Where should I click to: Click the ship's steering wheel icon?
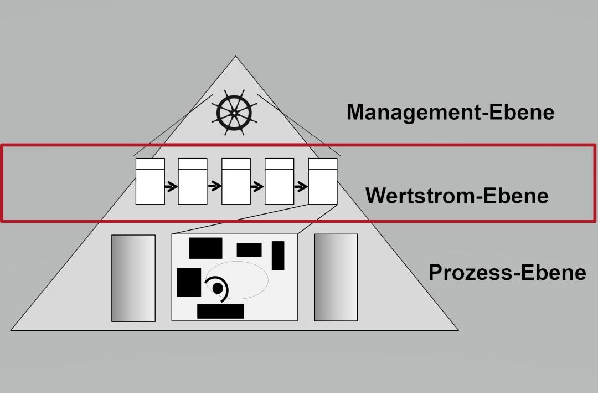234,113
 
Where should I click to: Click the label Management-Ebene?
450,112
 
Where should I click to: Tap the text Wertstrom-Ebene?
457,196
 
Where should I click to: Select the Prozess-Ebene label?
507,272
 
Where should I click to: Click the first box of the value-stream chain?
150,181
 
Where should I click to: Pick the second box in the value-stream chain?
193,181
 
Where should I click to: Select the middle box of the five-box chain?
236,181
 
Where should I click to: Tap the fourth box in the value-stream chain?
280,181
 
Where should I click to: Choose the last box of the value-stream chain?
323,181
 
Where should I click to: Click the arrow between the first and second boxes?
171,187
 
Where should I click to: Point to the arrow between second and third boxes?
215,187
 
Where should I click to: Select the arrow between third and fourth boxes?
257,187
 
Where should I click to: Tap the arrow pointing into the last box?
301,187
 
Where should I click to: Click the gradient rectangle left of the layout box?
133,277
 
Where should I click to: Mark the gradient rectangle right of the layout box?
336,277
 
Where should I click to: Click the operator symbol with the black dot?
218,288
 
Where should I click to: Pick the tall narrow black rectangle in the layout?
278,255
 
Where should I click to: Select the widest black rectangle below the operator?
220,311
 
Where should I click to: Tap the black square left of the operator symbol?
189,282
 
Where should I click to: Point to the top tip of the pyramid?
235,57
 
